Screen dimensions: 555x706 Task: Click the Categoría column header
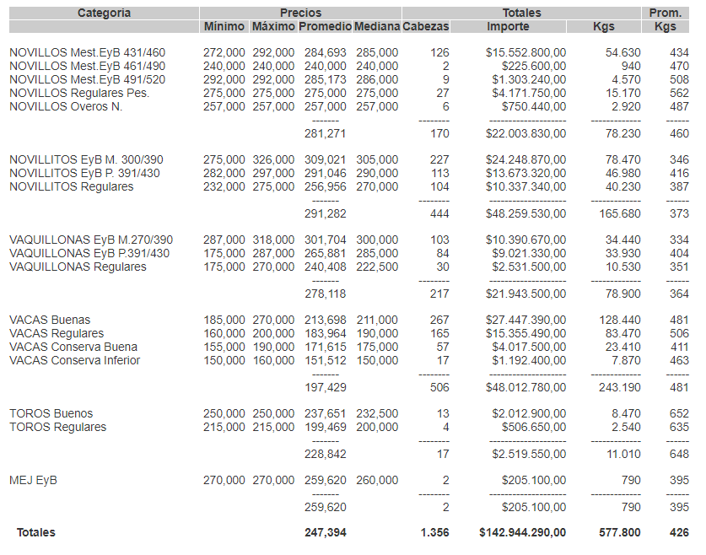(104, 13)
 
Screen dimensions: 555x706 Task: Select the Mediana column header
(376, 27)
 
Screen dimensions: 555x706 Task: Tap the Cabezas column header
(426, 27)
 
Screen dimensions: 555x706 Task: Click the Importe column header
(509, 27)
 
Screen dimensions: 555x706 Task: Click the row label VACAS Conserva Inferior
(74, 360)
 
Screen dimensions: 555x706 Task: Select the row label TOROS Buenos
(51, 413)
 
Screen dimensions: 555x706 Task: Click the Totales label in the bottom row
(35, 532)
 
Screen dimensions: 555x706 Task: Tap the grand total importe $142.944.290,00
(522, 532)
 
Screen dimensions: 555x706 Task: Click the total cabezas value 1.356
(434, 532)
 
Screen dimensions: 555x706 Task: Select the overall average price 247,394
(325, 532)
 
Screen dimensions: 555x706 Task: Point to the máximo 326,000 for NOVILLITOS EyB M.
(273, 159)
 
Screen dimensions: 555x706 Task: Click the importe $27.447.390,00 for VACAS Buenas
(525, 320)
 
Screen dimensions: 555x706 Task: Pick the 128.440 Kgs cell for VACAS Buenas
(622, 320)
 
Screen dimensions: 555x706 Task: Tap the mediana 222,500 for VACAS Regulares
(376, 267)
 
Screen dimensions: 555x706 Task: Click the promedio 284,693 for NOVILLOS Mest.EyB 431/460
(325, 52)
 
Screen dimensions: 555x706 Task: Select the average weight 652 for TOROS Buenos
(679, 413)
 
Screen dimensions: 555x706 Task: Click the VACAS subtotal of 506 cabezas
(439, 386)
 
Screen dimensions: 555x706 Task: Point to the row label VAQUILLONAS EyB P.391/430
(89, 253)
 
